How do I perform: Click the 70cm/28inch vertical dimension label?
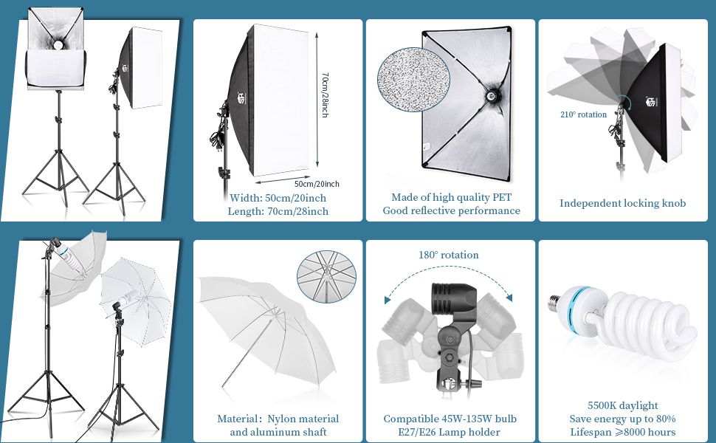coord(325,95)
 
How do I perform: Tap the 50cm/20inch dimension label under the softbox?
coord(317,184)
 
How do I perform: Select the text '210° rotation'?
coord(584,114)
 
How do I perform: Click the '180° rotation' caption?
coord(449,255)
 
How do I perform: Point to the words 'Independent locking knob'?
coord(623,203)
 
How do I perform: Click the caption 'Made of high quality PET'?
coord(451,197)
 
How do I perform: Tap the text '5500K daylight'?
coord(623,405)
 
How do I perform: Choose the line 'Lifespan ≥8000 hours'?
coord(623,432)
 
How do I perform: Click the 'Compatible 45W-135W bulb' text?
coord(450,419)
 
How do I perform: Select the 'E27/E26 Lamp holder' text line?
coord(449,432)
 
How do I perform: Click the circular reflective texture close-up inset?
coord(413,80)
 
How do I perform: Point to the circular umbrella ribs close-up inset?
coord(326,277)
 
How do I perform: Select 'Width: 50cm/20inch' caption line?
coord(278,198)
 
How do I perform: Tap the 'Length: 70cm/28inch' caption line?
coord(278,211)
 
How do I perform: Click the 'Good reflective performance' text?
coord(451,210)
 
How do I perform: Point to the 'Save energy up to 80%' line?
coord(623,419)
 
